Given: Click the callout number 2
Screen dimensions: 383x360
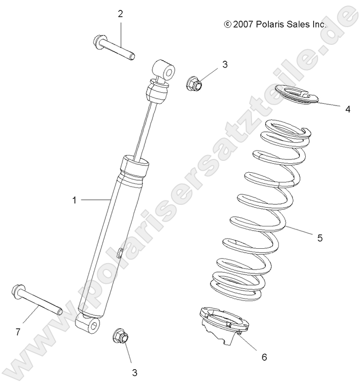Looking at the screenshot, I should [120, 13].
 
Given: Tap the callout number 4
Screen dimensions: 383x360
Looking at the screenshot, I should [348, 109].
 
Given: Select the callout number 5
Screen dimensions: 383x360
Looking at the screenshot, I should [320, 238].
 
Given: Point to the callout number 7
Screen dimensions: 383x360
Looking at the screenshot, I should [18, 332].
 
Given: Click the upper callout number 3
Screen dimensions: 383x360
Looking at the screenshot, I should [224, 64].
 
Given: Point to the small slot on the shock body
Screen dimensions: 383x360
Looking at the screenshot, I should [120, 254].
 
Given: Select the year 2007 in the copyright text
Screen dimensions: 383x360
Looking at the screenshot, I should [243, 24].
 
